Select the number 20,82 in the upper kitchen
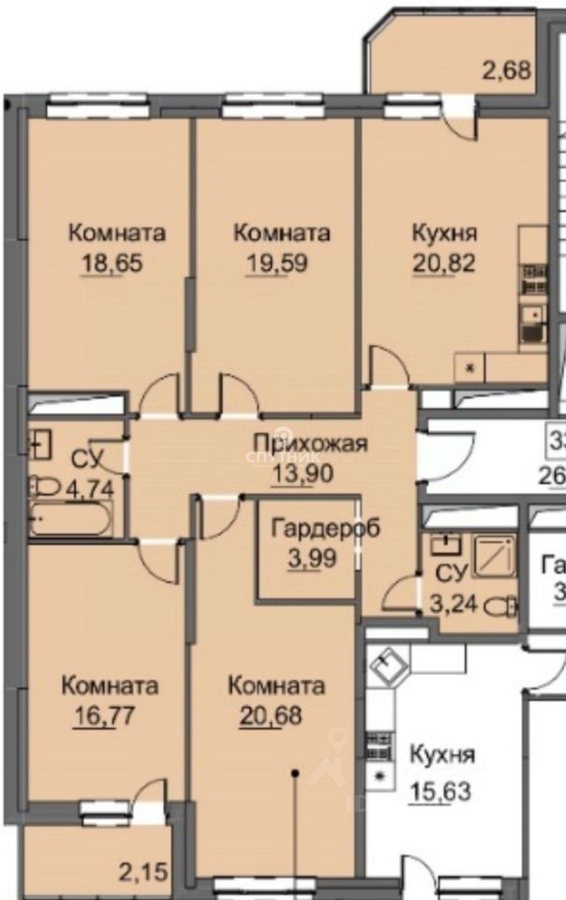point(443,263)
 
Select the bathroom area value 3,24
point(453,603)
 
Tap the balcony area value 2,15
point(142,873)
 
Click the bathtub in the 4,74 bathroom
point(70,518)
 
